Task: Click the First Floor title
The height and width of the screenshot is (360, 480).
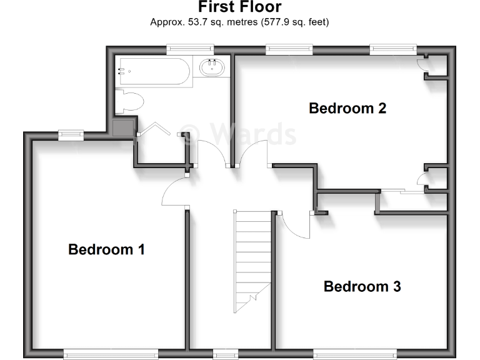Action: [240, 7]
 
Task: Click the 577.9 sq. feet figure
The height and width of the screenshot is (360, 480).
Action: [296, 22]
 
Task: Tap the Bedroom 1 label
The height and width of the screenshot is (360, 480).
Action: [106, 249]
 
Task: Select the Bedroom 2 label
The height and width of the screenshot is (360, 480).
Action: [347, 108]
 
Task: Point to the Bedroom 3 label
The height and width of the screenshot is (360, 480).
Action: [362, 287]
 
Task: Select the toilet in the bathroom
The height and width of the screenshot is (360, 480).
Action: [131, 102]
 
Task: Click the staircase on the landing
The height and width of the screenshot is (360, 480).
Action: [253, 261]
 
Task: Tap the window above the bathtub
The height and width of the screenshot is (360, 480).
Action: [190, 47]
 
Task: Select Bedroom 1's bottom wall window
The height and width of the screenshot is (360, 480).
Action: [111, 354]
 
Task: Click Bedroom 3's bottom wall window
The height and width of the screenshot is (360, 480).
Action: [354, 354]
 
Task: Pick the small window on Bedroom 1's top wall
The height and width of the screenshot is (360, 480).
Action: [71, 132]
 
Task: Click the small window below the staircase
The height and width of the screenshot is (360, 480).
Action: [225, 354]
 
